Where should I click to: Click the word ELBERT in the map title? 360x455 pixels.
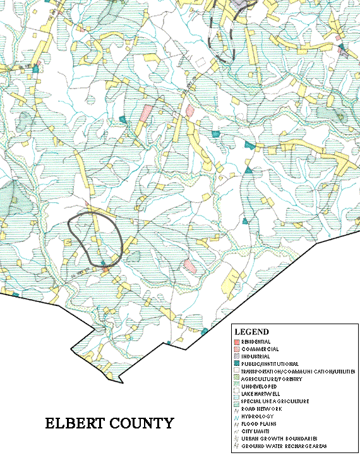coord(71,424)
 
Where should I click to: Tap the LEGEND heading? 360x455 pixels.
coord(251,332)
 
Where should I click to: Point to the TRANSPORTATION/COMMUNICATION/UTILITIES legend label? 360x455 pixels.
coord(291,372)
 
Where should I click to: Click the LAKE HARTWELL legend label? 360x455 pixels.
coord(261,394)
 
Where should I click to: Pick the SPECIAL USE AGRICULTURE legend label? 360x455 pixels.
coord(275,401)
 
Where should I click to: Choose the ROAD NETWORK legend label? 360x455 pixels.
coord(261,409)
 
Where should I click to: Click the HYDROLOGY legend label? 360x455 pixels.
coord(257,416)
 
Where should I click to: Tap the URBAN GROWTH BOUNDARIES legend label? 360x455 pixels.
coord(275,439)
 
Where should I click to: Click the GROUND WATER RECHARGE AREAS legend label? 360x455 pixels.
coord(279,446)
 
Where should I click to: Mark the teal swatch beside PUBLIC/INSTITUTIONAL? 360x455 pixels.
coord(236,364)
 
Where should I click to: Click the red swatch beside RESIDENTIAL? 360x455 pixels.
coord(236,341)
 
